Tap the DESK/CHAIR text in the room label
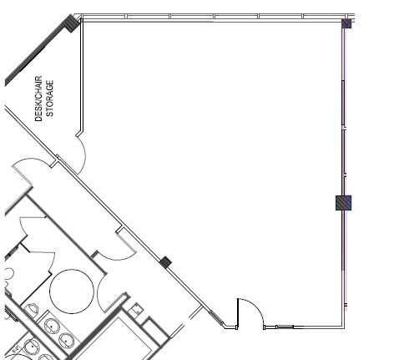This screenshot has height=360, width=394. coord(38,98)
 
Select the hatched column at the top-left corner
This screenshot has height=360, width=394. coord(72,24)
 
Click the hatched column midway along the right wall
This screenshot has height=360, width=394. coord(343,202)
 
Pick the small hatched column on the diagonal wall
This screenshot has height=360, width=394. coord(165,262)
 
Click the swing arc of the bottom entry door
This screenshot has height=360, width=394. coord(255,309)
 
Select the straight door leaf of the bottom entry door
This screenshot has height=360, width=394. coord(239,312)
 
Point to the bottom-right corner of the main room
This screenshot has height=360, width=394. coord(343,326)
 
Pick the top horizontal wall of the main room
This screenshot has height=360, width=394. coord(209,17)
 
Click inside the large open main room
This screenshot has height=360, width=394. coord(225,150)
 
